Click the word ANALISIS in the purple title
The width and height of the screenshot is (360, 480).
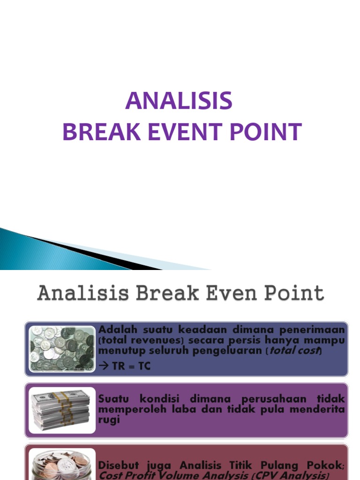coord(179,101)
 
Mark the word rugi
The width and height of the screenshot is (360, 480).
coord(109,420)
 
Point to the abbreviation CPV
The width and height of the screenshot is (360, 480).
coord(276,475)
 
